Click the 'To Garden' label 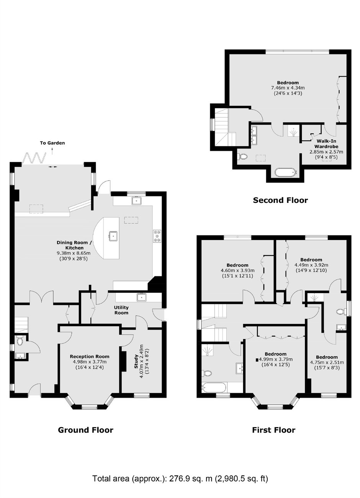[52, 143]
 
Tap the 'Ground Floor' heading [85, 430]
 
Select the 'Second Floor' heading [280, 200]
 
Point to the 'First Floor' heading [273, 430]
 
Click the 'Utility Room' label [121, 310]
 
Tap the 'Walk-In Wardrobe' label [326, 144]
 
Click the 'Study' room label [136, 362]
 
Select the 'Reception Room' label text [90, 356]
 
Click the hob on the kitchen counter [157, 236]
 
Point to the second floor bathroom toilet [242, 157]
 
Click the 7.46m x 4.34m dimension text [288, 88]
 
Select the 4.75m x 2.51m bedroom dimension [327, 362]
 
